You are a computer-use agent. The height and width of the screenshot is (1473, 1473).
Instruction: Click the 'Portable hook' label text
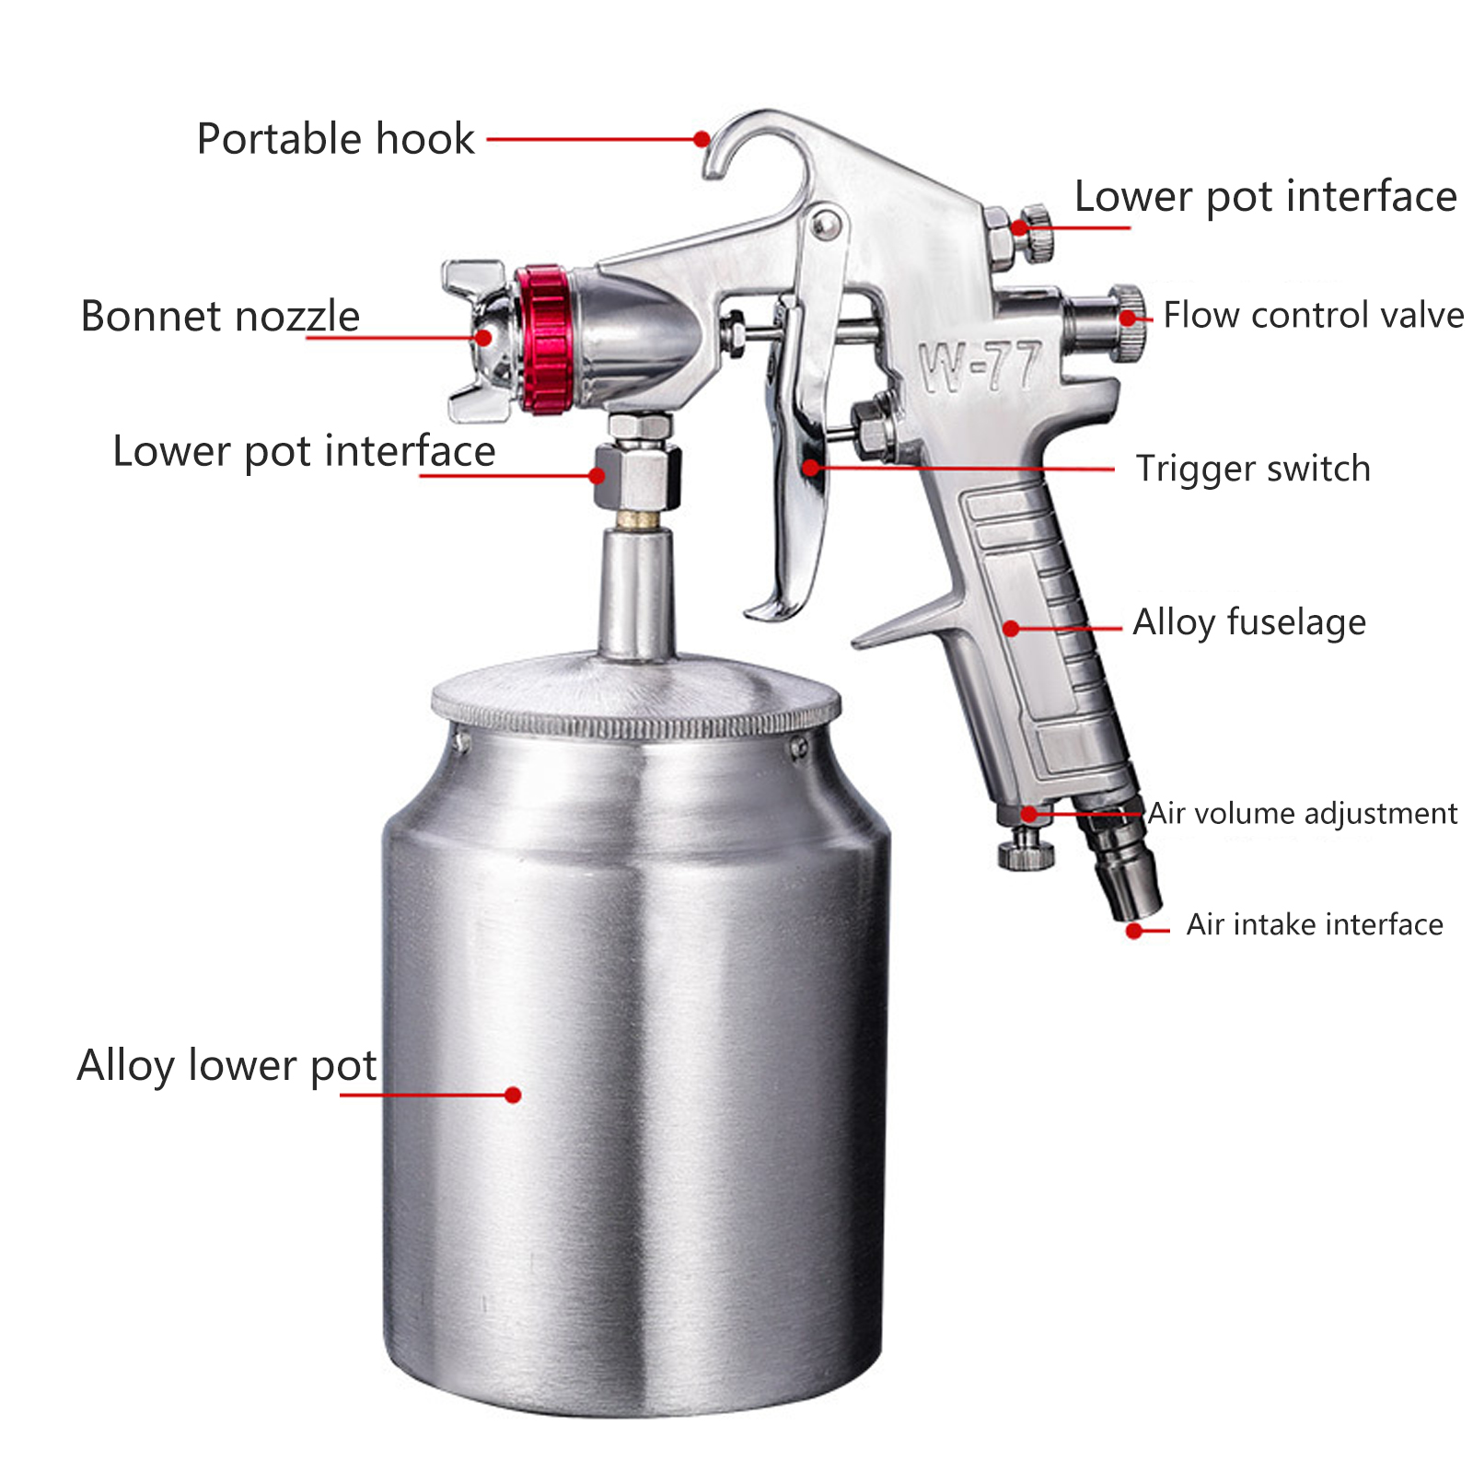(335, 140)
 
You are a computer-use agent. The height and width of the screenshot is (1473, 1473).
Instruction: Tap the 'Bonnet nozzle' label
(220, 317)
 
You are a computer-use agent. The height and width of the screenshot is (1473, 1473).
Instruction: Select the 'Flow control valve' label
(1313, 315)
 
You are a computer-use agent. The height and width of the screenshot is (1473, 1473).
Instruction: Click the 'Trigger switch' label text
(1253, 469)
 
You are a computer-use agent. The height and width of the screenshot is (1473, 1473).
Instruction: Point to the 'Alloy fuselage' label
(1249, 622)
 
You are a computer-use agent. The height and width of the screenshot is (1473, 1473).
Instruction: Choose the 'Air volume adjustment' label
(1303, 814)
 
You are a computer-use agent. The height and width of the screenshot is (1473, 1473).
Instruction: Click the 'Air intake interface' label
(1315, 924)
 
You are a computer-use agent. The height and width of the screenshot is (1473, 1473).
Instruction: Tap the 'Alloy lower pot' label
(226, 1066)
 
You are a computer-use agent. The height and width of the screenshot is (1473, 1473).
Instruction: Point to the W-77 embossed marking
(980, 366)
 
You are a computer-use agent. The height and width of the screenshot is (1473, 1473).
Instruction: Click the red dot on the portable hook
(702, 139)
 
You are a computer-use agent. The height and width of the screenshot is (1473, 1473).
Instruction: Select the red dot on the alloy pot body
(514, 1095)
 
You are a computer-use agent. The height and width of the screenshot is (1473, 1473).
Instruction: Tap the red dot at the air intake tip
(1134, 931)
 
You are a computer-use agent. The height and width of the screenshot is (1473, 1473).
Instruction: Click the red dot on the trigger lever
(810, 468)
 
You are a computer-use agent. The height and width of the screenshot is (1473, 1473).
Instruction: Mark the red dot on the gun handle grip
(1011, 629)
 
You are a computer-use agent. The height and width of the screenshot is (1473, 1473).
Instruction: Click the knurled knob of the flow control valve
(1127, 322)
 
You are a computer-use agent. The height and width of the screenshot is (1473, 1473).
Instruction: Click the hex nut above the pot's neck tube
(637, 475)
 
